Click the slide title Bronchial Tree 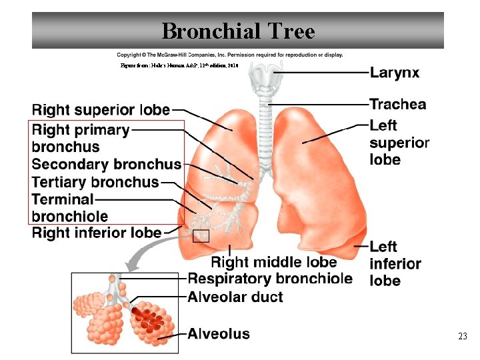click(238, 31)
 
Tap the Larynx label click(395, 73)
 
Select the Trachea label click(397, 104)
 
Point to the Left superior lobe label click(399, 142)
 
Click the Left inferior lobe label click(395, 264)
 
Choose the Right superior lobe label click(101, 109)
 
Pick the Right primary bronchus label click(80, 138)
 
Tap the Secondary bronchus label click(107, 164)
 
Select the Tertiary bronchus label click(95, 181)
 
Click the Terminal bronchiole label click(69, 207)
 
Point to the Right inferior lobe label click(97, 233)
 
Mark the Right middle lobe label click(274, 262)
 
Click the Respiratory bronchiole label click(270, 279)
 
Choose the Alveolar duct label click(235, 297)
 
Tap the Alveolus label click(219, 333)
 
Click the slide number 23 click(462, 337)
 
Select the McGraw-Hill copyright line click(230, 55)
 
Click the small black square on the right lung click(200, 236)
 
